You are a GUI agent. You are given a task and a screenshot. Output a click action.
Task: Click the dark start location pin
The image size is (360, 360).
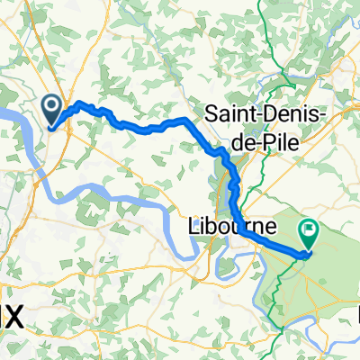pyautogui.click(x=53, y=111)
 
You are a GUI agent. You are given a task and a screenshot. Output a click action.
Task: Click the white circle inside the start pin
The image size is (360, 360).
pyautogui.click(x=53, y=108)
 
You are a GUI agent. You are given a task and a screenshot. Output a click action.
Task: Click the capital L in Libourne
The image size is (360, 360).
pyautogui.click(x=196, y=226)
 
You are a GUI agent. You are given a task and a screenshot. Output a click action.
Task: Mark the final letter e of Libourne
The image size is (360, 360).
pyautogui.click(x=270, y=228)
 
